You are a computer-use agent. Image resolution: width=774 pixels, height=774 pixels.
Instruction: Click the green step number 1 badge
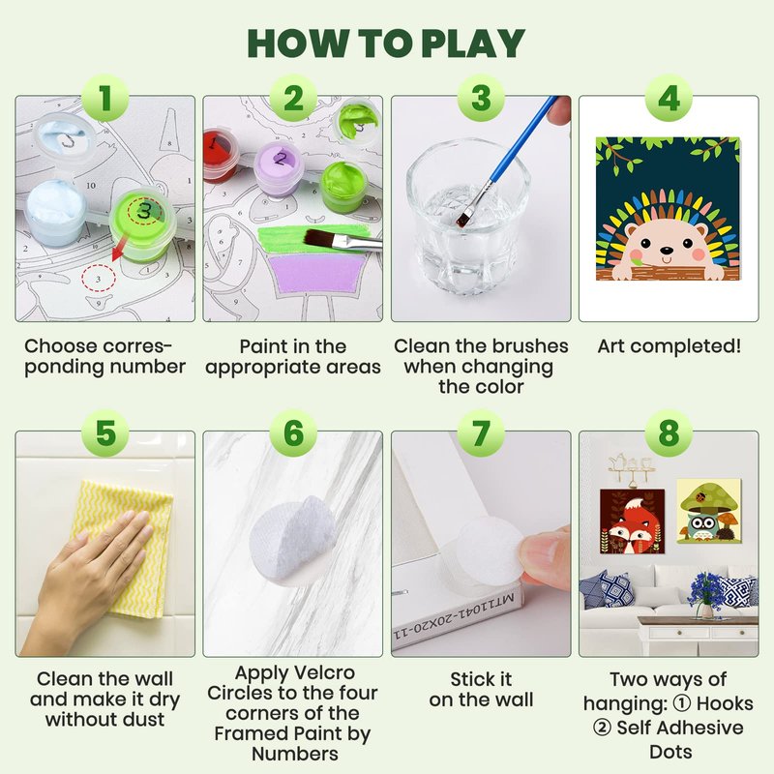105,98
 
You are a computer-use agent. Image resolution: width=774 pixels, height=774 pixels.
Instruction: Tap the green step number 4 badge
669,98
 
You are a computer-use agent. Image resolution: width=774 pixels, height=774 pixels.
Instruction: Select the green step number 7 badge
481,432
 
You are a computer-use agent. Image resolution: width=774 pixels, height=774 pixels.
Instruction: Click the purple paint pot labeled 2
279,167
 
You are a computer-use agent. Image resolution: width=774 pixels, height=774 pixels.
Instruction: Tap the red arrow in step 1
119,249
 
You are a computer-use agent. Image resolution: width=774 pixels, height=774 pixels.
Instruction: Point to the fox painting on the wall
632,521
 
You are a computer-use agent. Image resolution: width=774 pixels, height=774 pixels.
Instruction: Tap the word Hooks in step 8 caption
725,703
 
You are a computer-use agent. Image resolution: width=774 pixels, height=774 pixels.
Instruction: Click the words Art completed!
669,346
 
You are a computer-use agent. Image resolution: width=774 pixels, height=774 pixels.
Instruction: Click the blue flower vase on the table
707,596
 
